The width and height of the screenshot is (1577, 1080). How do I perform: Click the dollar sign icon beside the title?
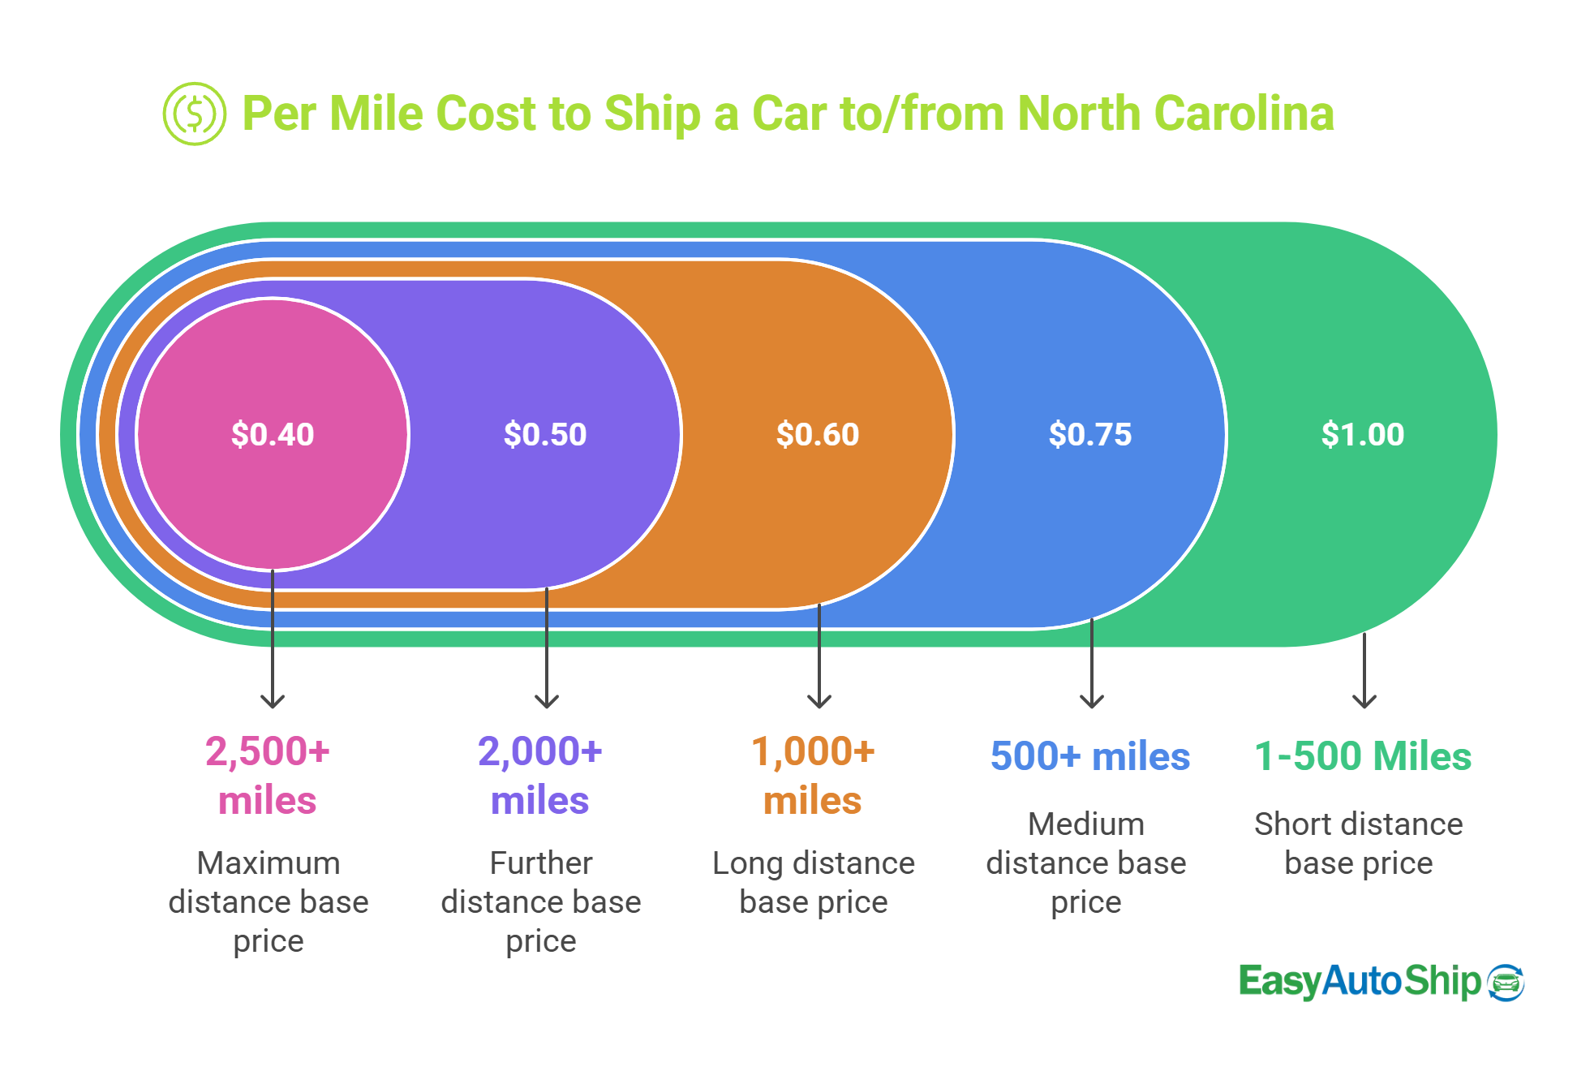coord(194,114)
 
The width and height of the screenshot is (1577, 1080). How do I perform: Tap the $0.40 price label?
coord(273,434)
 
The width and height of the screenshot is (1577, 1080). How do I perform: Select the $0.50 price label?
coord(545,434)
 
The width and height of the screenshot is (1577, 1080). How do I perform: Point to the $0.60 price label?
coord(818,434)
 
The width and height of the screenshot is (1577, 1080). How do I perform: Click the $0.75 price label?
coord(1090,434)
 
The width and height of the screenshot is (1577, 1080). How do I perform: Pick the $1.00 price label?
coord(1363,434)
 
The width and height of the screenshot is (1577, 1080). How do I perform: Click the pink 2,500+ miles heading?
coord(268,775)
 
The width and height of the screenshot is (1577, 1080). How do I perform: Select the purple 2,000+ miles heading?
coord(540,775)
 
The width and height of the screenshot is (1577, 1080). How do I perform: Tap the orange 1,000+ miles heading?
coord(813,775)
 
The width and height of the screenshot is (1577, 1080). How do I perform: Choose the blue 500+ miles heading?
coord(1090,756)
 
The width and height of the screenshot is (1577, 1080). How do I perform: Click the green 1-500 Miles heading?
coord(1363,756)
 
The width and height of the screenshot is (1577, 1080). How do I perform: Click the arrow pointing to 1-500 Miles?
coord(1364,672)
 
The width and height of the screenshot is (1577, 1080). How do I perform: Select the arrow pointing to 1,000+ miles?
coord(819,657)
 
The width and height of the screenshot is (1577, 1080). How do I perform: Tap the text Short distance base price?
coord(1359,843)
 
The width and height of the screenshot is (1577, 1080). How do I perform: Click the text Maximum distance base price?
coord(269,901)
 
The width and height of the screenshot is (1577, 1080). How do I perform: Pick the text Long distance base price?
coord(814,882)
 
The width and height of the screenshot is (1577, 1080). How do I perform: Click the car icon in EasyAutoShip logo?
coord(1506,983)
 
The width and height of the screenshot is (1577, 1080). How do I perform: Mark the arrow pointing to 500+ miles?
coord(1092,664)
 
